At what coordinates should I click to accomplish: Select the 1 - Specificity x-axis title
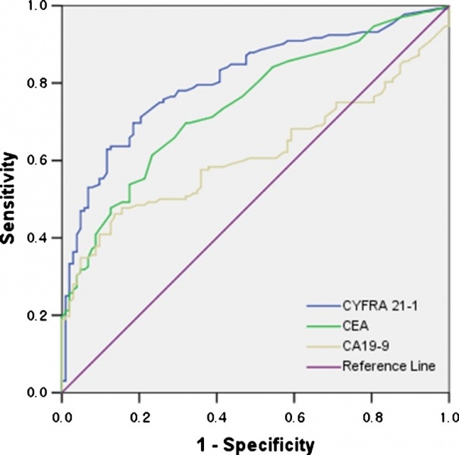coord(255,441)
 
